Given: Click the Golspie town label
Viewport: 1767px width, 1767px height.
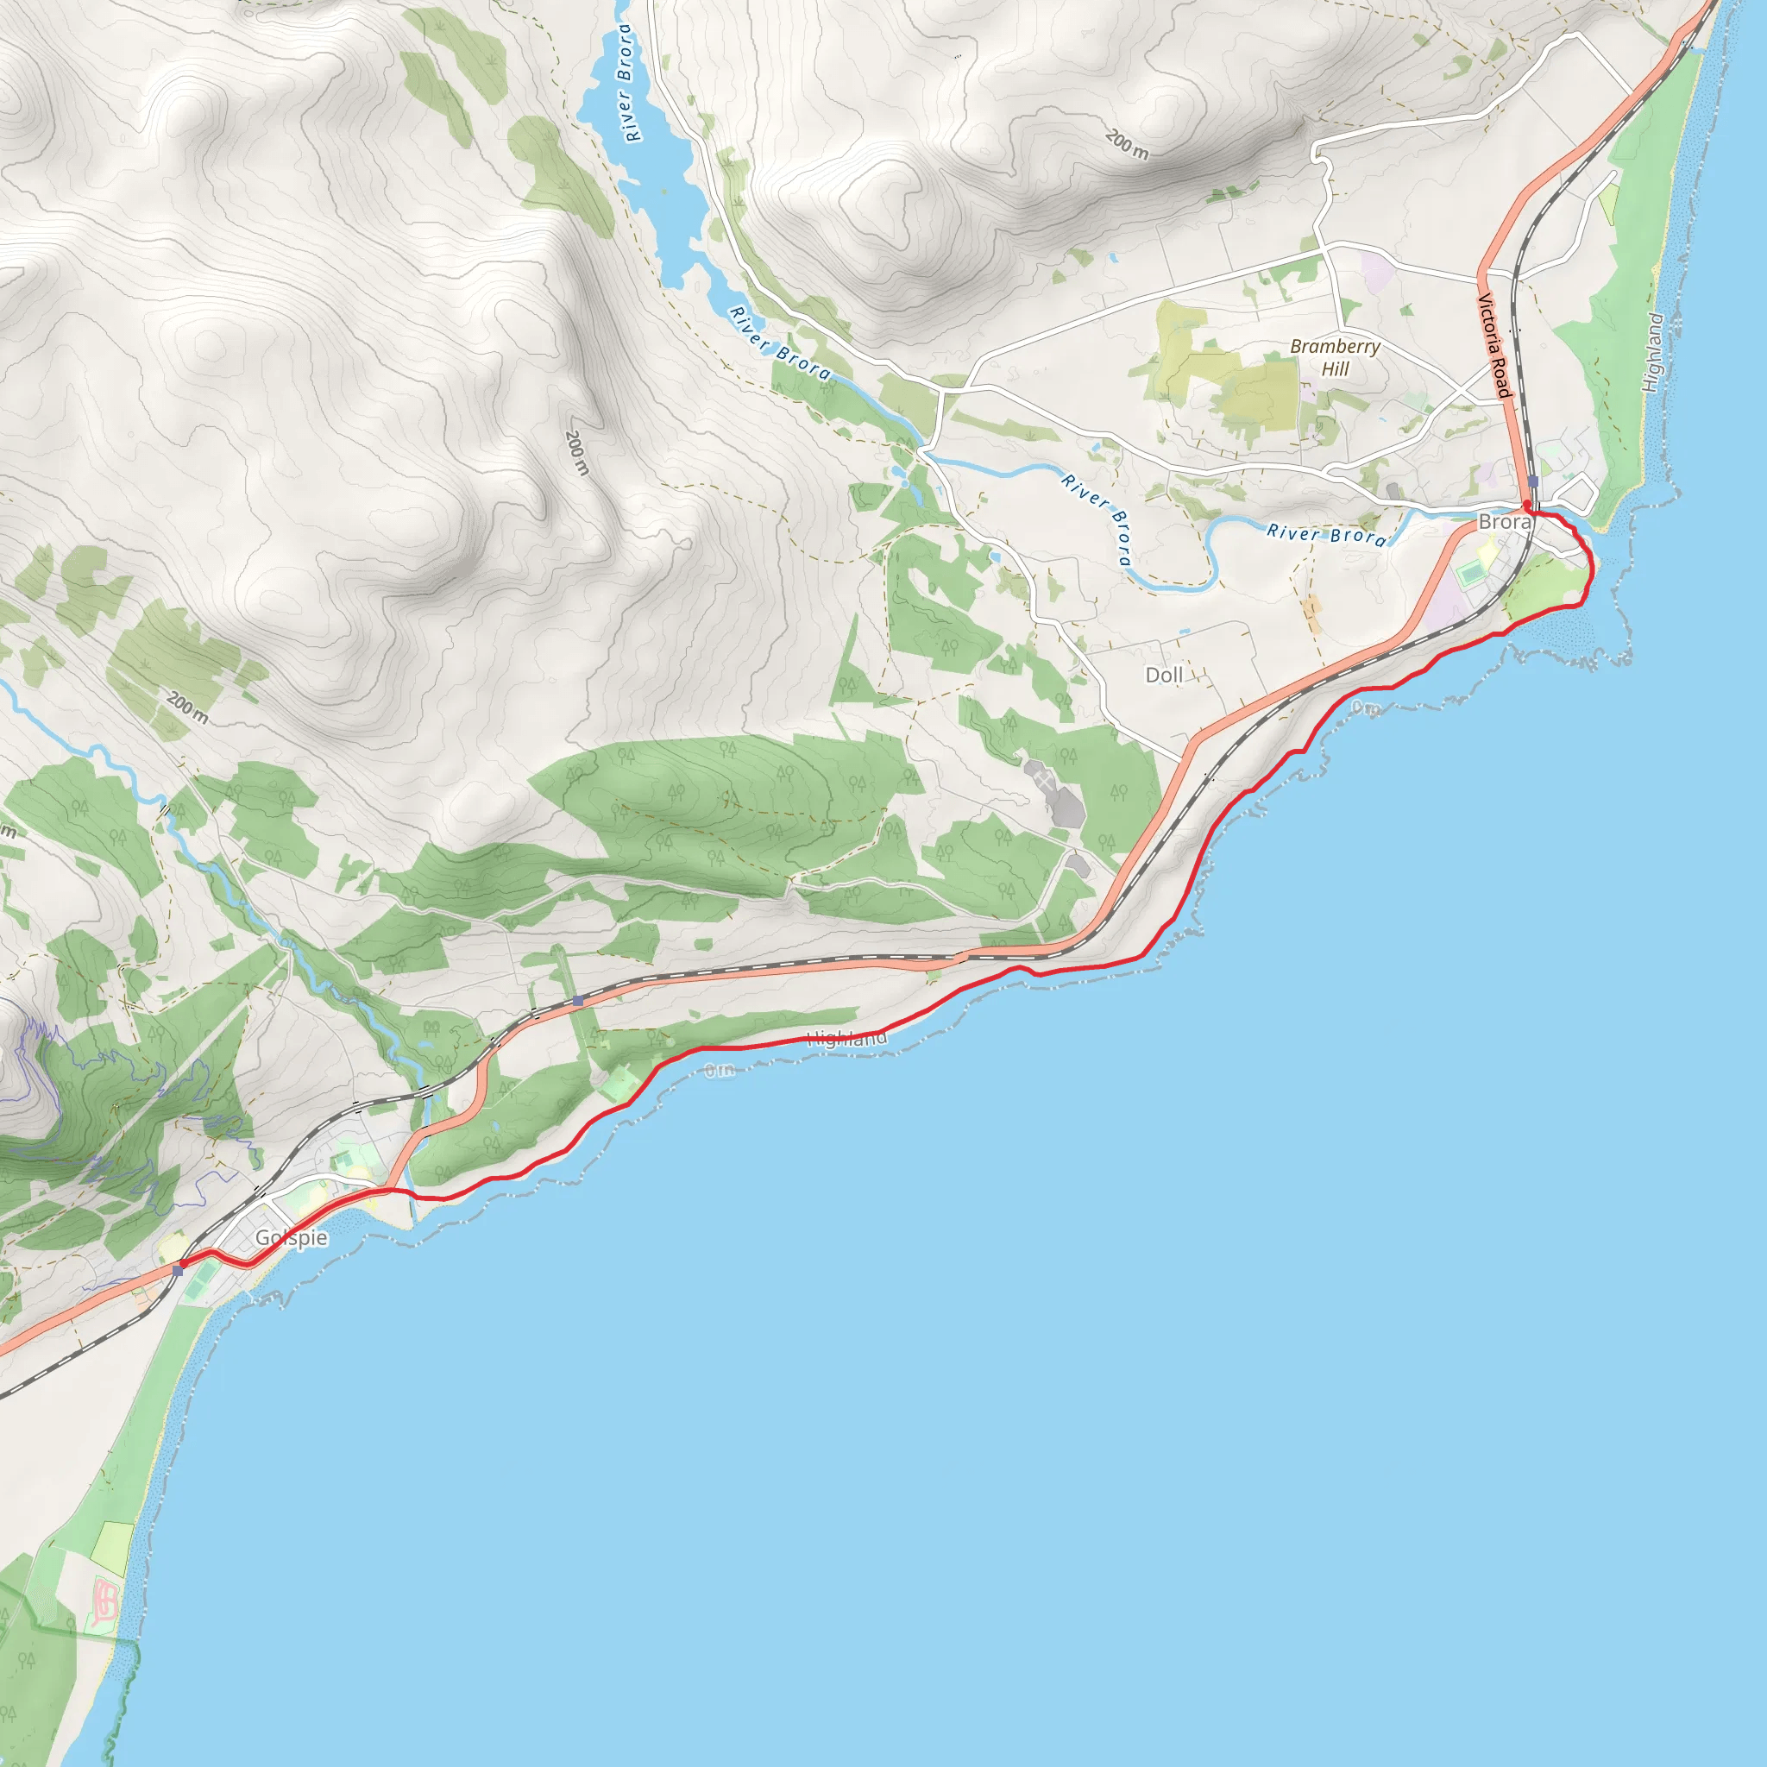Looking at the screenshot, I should click(291, 1237).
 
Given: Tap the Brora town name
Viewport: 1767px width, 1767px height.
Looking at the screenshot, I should click(1504, 522).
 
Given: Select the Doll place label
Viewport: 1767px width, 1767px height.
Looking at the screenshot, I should click(1164, 675).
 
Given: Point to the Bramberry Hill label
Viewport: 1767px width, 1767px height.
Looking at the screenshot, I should click(1335, 357).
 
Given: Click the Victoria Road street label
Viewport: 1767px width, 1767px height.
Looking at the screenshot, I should click(1493, 345).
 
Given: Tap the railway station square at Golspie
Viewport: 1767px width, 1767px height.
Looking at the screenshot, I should click(178, 1270).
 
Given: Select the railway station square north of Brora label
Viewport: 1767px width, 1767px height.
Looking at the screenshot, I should click(1533, 481).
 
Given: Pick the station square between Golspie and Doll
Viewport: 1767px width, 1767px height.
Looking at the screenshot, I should click(578, 1002).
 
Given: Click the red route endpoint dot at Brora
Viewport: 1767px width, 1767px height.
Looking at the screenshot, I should click(1526, 504).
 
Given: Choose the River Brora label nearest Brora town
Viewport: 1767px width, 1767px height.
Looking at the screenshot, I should click(1326, 534).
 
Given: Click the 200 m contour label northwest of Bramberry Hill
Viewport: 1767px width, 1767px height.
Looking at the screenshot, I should click(1127, 144).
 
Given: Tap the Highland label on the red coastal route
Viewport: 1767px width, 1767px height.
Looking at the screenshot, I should click(846, 1038).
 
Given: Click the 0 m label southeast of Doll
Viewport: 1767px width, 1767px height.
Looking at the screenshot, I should click(1366, 707).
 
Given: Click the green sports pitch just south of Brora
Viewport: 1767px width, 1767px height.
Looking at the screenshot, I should click(1471, 575).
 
